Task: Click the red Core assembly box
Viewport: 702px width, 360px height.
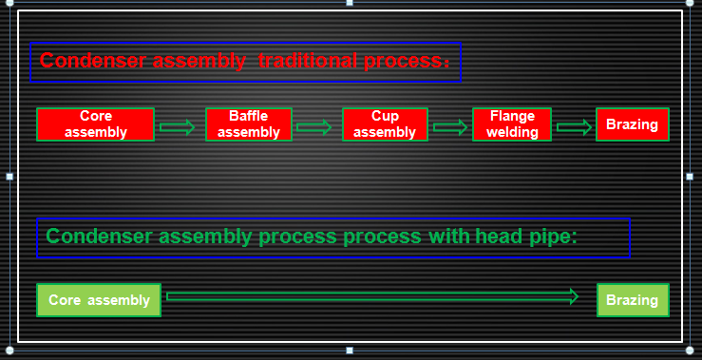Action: [x=95, y=124]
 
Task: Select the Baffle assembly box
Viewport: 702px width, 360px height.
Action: [x=248, y=124]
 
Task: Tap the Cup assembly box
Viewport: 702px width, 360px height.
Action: [x=385, y=124]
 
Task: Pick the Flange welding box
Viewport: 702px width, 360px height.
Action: [x=512, y=124]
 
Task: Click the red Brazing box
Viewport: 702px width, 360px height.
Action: [x=632, y=124]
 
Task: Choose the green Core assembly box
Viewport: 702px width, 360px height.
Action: [x=99, y=300]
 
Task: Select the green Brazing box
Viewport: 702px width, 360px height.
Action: [x=632, y=300]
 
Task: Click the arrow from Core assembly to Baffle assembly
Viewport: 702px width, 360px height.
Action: [x=178, y=127]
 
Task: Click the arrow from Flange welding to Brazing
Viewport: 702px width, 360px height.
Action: [x=574, y=127]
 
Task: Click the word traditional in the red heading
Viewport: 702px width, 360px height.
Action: [x=308, y=62]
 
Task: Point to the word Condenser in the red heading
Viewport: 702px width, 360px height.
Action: [x=86, y=62]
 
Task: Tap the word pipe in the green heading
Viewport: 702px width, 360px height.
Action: [x=554, y=237]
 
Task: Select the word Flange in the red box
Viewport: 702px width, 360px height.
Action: [x=512, y=117]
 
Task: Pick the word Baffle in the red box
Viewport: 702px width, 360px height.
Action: [x=248, y=117]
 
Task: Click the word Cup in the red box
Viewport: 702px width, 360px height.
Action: [x=385, y=117]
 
